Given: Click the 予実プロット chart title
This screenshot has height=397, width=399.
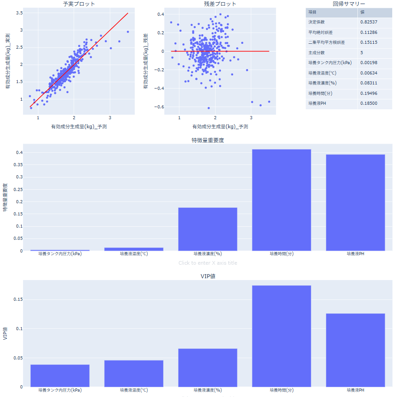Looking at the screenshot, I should [79, 4].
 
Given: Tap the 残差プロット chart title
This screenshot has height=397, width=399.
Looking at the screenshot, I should [220, 4].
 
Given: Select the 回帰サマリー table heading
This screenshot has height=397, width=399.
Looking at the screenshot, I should [349, 4].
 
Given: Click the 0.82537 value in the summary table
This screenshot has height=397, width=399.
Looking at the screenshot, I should [369, 22].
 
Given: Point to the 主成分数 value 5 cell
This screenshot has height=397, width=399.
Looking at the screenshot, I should [362, 53].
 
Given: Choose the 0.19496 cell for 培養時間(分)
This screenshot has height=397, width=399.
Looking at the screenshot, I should [369, 93].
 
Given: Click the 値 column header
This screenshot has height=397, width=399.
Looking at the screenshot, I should [362, 12].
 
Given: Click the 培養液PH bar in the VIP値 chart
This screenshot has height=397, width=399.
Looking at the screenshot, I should [355, 350].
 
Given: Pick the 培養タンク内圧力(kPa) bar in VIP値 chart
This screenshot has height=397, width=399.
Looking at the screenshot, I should [60, 375].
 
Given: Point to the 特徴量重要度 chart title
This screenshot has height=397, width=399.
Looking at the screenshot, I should [208, 140].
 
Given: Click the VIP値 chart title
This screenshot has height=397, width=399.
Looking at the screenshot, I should [208, 276].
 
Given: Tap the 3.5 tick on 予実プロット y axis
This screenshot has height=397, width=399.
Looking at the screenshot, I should [19, 13].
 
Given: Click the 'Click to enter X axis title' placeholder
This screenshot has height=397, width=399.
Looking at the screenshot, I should [208, 263].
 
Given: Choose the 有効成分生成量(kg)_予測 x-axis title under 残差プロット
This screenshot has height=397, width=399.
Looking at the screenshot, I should [220, 126].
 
